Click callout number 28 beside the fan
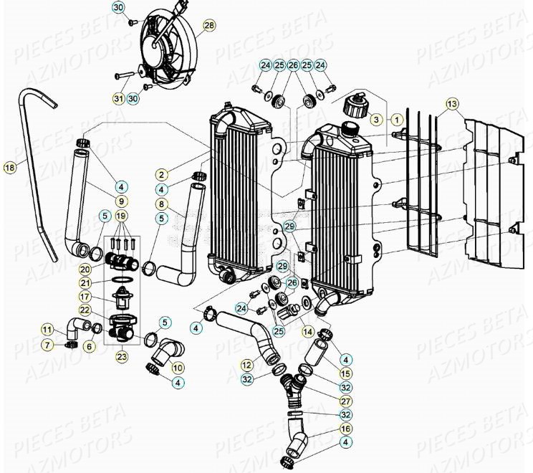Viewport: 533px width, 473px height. pyautogui.click(x=208, y=26)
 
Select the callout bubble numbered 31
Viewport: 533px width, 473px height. pyautogui.click(x=118, y=98)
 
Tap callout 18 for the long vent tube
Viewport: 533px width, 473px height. pyautogui.click(x=9, y=168)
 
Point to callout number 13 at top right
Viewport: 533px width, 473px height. pyautogui.click(x=451, y=104)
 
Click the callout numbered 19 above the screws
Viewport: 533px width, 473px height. pyautogui.click(x=121, y=216)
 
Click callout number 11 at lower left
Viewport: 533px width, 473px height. pyautogui.click(x=47, y=330)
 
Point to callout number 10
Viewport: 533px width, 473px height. pyautogui.click(x=178, y=368)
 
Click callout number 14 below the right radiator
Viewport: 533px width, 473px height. pyautogui.click(x=308, y=333)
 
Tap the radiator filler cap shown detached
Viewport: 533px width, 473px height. pyautogui.click(x=352, y=107)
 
